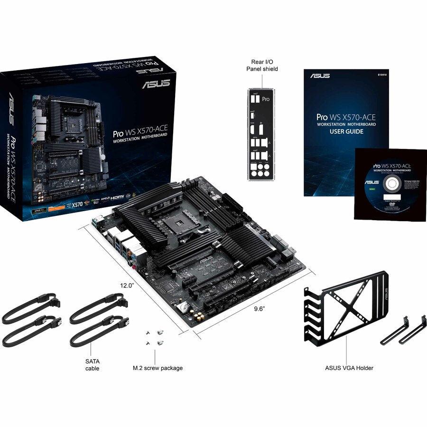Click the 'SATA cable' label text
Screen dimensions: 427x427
point(93,364)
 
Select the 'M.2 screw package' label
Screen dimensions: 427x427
point(158,368)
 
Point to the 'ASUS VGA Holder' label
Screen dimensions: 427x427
point(345,368)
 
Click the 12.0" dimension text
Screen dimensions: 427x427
point(127,286)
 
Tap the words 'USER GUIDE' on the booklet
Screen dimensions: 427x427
point(347,131)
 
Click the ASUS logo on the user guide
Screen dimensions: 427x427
point(320,75)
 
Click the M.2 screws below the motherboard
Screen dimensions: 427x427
point(155,338)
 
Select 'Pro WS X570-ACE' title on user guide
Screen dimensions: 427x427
point(346,116)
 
